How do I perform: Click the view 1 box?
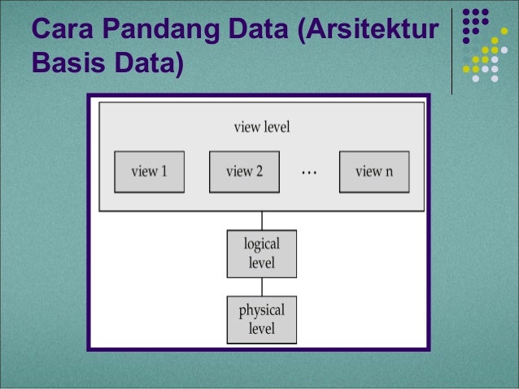(149, 171)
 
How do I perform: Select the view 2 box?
(244, 171)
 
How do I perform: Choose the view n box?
(373, 171)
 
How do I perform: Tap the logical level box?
(261, 253)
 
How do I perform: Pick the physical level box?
(261, 319)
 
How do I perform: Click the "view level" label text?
(262, 128)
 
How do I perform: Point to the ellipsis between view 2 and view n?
(309, 172)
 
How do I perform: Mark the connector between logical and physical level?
(262, 287)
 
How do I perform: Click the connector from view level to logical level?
(262, 220)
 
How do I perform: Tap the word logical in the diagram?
(262, 244)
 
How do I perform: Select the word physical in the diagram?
(262, 310)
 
